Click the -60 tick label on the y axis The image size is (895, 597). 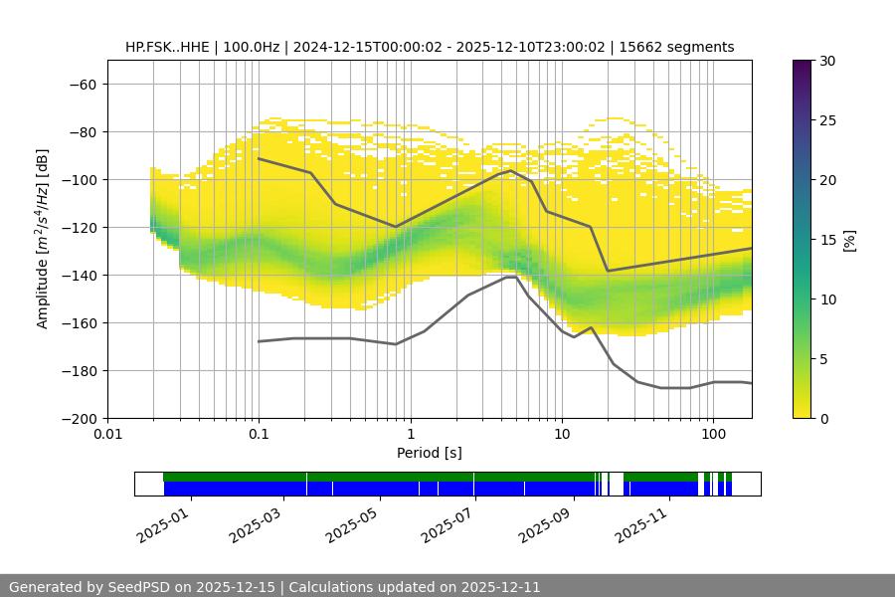(82, 84)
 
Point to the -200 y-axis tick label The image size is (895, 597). (78, 418)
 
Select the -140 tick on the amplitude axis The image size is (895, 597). (78, 275)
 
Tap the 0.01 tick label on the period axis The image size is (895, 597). (107, 435)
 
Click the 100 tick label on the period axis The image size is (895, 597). (712, 435)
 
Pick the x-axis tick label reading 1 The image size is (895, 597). (410, 435)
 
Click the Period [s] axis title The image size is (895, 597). (430, 453)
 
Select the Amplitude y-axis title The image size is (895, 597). (42, 239)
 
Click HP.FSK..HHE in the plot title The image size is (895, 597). (167, 47)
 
